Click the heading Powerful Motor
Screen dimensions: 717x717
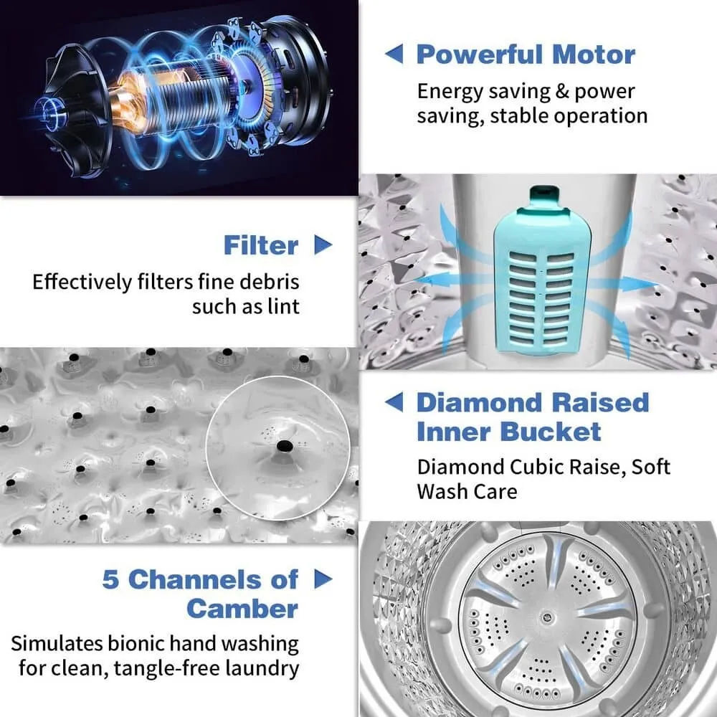click(x=526, y=55)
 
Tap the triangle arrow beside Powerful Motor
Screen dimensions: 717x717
click(x=394, y=54)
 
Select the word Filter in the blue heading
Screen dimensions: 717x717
click(x=261, y=245)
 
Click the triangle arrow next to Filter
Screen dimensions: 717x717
click(x=323, y=244)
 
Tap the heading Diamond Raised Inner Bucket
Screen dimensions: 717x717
click(x=533, y=417)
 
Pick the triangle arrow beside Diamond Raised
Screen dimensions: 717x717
click(x=394, y=402)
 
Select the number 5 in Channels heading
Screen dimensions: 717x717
click(x=110, y=579)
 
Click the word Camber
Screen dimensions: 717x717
click(x=242, y=609)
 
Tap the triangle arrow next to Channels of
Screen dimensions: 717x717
click(x=323, y=579)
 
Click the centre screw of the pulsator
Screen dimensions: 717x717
click(x=547, y=618)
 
